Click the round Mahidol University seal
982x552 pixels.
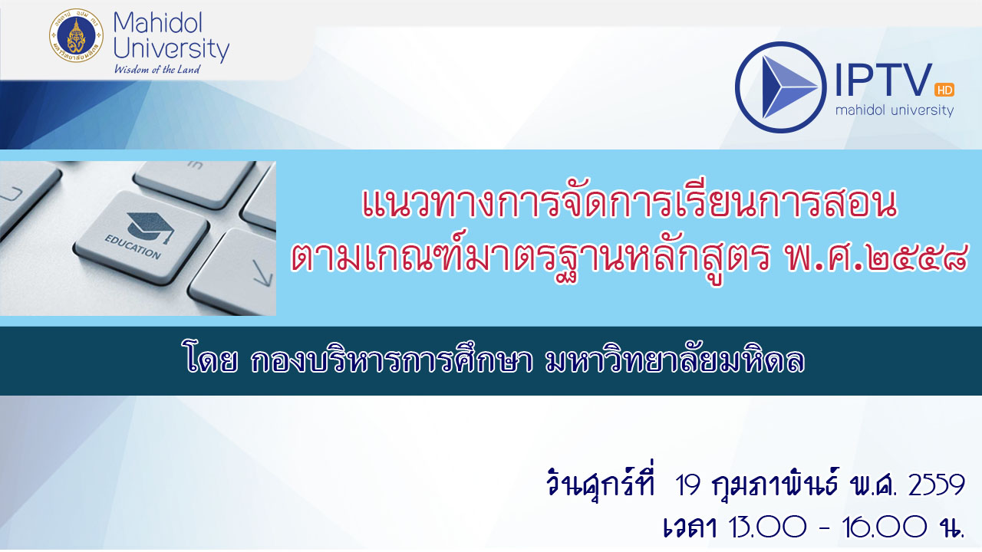(76, 35)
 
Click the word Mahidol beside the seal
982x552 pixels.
(157, 23)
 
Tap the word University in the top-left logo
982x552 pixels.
(171, 48)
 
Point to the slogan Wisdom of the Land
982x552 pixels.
(157, 69)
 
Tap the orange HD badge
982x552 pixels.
(944, 90)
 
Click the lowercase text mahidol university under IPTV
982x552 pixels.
(895, 110)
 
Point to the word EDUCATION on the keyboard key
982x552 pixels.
(133, 247)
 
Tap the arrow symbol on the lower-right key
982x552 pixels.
(263, 272)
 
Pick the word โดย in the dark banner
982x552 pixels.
(210, 361)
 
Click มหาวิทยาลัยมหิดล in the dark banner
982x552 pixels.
(674, 361)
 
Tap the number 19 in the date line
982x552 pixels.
(687, 485)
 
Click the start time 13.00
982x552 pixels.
(767, 526)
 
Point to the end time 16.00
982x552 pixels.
(885, 526)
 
